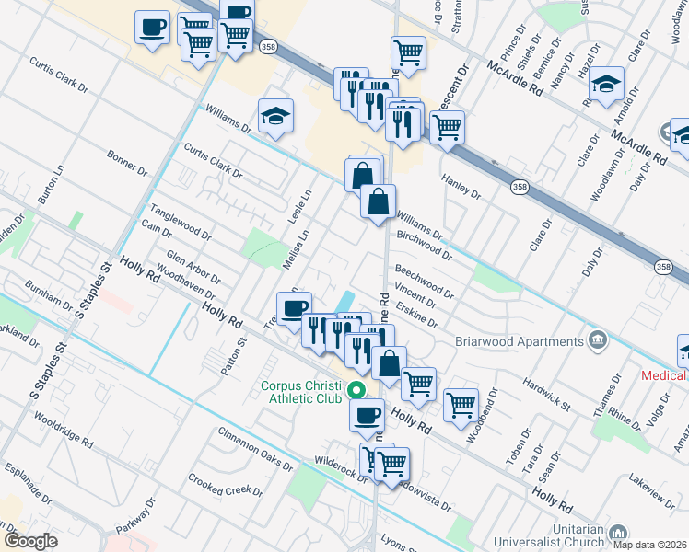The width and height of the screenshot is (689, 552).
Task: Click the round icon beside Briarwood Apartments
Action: coord(600,341)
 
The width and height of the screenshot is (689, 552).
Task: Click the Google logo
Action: coord(30,541)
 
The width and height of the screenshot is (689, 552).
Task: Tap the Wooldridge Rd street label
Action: coord(64,429)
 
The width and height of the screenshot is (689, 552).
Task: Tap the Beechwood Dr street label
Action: coord(424,282)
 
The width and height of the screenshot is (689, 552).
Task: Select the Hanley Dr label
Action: coord(461,187)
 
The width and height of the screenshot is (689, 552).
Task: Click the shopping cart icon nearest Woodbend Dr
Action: coord(461,404)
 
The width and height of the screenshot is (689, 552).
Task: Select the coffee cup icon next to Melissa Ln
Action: coord(295,308)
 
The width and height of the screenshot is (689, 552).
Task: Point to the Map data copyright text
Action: coord(650,545)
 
